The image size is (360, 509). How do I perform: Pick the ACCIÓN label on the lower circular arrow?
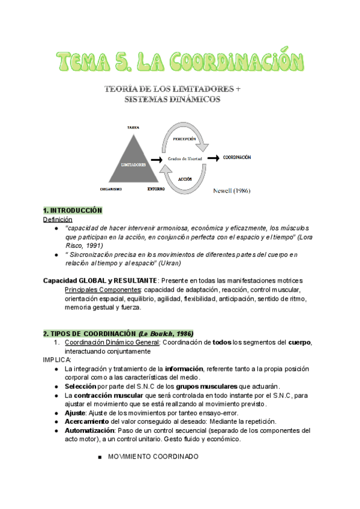(x=184, y=179)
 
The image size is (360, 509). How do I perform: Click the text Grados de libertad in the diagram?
(x=184, y=158)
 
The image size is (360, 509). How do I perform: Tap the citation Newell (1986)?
(x=232, y=191)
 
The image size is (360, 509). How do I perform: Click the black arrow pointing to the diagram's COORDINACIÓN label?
(x=212, y=158)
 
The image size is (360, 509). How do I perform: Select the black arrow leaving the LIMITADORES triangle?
(x=157, y=160)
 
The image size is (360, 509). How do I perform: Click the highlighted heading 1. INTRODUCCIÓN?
(x=73, y=211)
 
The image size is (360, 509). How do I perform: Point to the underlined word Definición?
(x=58, y=220)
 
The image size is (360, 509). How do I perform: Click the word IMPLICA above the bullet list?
(x=57, y=359)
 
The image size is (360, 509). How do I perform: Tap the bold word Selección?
(x=81, y=386)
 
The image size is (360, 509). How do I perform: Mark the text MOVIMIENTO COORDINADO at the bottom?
(x=152, y=457)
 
